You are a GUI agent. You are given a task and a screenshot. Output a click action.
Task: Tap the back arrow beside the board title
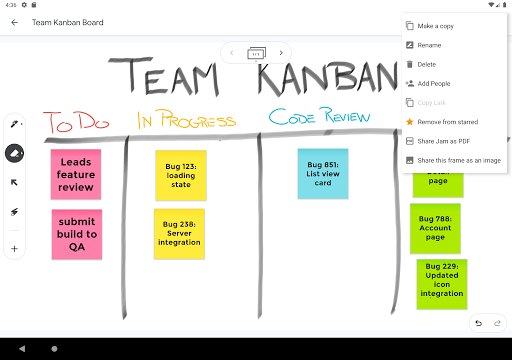(15, 21)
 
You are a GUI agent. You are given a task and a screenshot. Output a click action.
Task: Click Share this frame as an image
(458, 160)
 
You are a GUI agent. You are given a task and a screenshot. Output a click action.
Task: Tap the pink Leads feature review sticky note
(76, 174)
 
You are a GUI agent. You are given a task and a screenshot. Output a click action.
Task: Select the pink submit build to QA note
(76, 234)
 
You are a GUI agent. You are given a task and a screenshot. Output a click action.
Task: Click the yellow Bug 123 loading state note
(181, 175)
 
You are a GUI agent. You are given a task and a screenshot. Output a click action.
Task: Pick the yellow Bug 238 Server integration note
(179, 234)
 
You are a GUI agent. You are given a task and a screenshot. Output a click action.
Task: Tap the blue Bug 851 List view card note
(322, 173)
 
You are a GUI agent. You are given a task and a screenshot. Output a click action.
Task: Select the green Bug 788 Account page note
(435, 228)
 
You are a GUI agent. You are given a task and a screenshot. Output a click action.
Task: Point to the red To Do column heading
(76, 123)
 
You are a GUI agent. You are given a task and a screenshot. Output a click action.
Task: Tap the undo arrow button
(478, 322)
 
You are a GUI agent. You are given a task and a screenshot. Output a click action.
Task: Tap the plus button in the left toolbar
(15, 248)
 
